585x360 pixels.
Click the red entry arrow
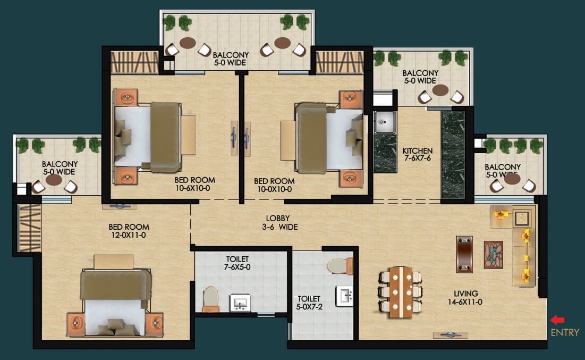point(557,320)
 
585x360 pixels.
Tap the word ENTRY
point(565,332)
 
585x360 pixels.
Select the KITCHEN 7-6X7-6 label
point(418,154)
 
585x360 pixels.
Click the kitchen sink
point(384,122)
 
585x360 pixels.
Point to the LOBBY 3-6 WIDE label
point(280,223)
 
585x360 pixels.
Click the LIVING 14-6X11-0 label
point(465,298)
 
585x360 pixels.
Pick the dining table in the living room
point(400,292)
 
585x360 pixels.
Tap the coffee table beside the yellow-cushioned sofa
point(493,255)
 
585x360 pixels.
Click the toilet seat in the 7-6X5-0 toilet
point(210,298)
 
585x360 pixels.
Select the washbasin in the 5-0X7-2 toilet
point(344,296)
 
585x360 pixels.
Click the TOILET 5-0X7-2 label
point(309,303)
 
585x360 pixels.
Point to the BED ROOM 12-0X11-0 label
point(129,231)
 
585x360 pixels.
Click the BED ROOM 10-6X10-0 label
point(194,184)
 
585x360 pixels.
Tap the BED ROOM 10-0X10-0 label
point(274,185)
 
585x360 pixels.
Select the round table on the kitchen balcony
point(440,90)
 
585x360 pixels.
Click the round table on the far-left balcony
point(54,180)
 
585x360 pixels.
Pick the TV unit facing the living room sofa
point(464,254)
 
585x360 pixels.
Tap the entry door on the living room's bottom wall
point(450,335)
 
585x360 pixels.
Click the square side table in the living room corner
point(521,219)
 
